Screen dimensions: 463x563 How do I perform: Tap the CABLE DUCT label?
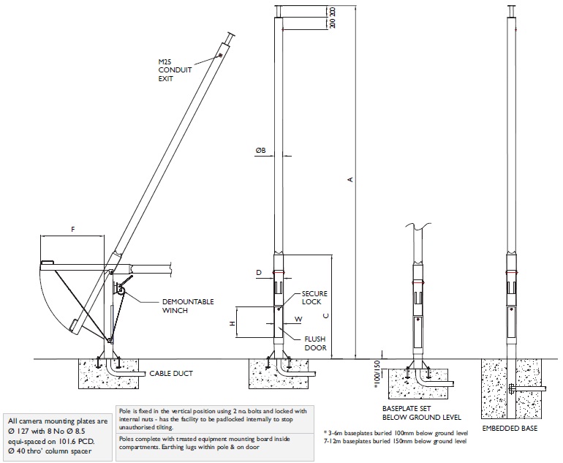pyautogui.click(x=173, y=373)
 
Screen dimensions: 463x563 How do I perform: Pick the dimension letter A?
pyautogui.click(x=351, y=182)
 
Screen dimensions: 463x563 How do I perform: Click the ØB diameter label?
pyautogui.click(x=260, y=150)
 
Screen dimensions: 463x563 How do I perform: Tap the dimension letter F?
pyautogui.click(x=72, y=229)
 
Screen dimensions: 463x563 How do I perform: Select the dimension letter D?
pyautogui.click(x=259, y=272)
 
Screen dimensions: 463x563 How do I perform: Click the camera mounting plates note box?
pyautogui.click(x=58, y=437)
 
